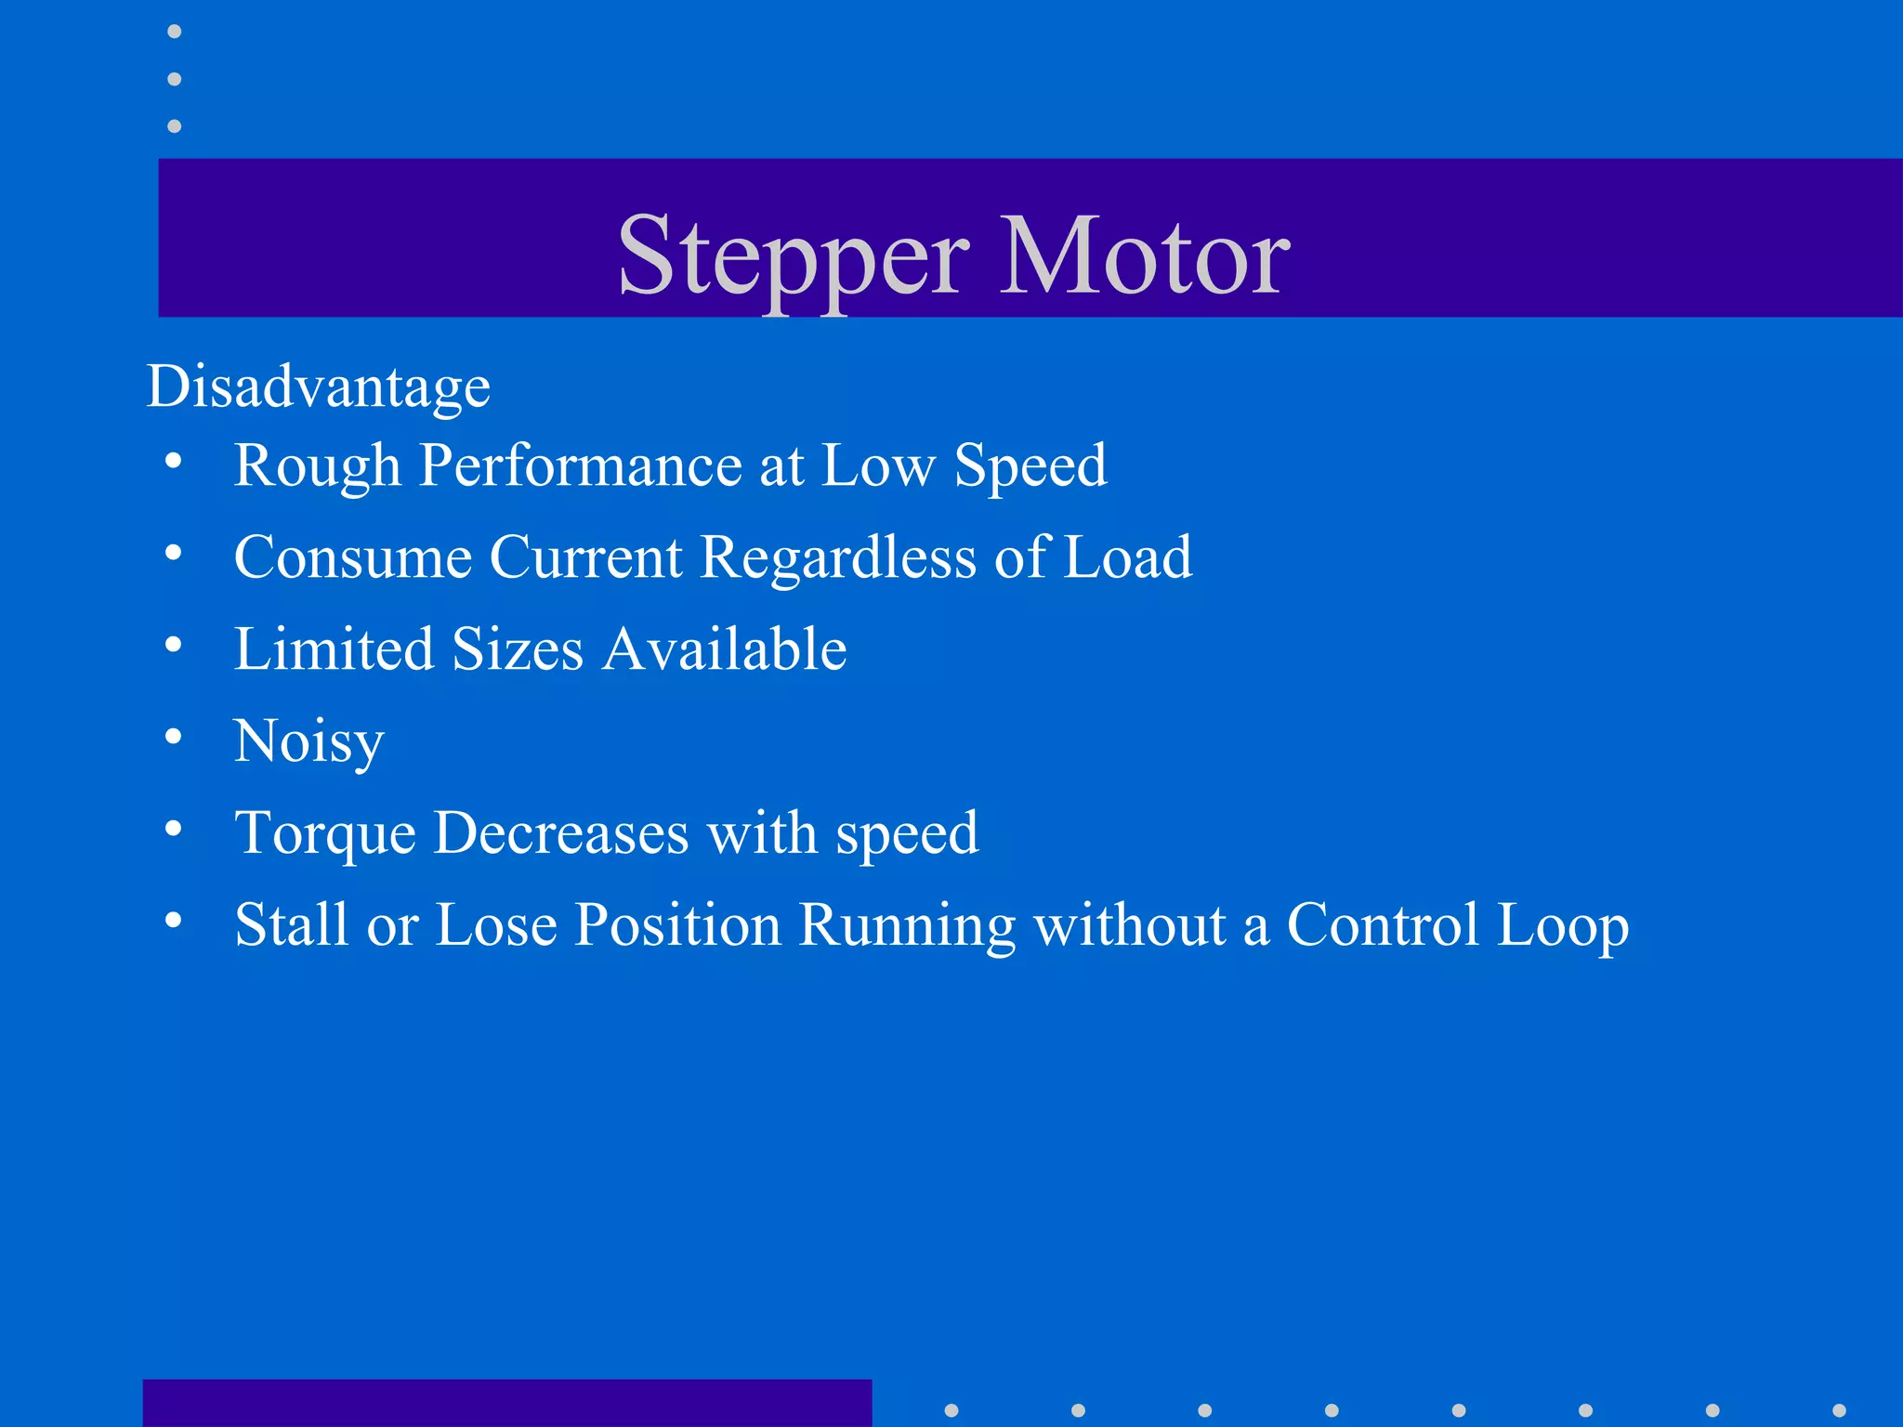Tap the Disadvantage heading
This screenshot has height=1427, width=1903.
pyautogui.click(x=319, y=386)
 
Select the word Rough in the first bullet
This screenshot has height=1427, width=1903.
pyautogui.click(x=317, y=465)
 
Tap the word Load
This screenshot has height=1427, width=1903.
pyautogui.click(x=1127, y=557)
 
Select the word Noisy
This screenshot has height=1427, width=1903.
pyautogui.click(x=308, y=741)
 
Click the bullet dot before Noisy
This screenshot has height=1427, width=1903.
pyautogui.click(x=174, y=737)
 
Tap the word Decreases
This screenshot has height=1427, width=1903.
pyautogui.click(x=561, y=832)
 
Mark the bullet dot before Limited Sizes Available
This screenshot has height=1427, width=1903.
pyautogui.click(x=174, y=645)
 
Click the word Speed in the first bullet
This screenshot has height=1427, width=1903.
pyautogui.click(x=1030, y=465)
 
